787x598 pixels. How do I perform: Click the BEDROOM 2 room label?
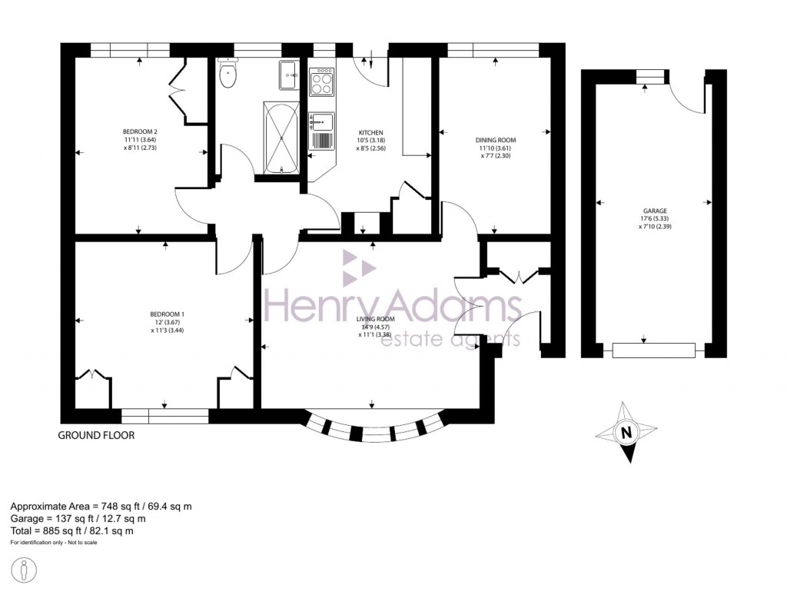click(140, 131)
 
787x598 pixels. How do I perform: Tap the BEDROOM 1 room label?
click(167, 314)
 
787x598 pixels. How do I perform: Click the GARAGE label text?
click(655, 210)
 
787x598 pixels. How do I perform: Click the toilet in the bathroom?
click(228, 75)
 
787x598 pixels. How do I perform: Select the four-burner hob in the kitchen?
click(321, 81)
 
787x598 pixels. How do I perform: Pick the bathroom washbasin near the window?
click(290, 71)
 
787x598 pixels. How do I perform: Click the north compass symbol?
click(626, 432)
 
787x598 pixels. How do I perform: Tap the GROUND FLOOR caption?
click(97, 435)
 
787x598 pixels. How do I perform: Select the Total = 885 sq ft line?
click(71, 530)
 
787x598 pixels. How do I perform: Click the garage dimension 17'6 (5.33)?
click(655, 218)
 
